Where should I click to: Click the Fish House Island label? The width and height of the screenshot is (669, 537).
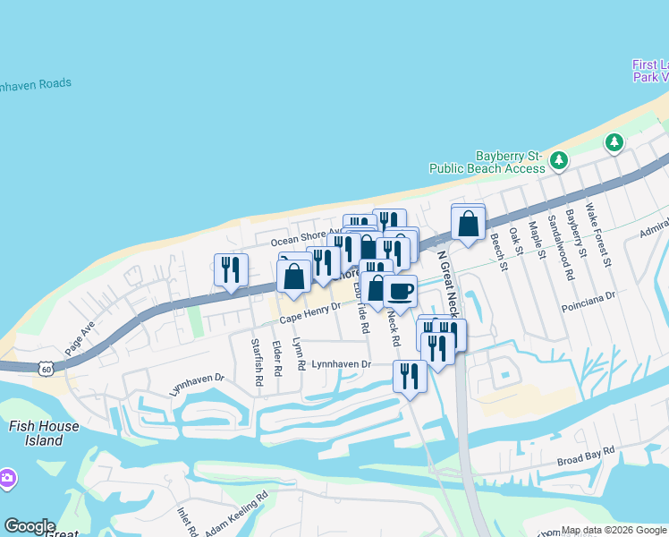pos(43,433)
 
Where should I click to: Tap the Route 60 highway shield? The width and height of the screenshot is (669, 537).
pos(47,368)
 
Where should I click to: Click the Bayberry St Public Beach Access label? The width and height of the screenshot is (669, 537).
pos(487,162)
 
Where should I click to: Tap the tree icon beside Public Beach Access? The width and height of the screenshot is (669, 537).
pos(559,160)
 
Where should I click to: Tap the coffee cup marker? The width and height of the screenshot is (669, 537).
pos(401,290)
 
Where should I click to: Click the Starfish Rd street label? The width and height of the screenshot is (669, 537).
pos(257,362)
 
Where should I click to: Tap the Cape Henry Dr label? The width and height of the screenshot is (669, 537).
pos(310,313)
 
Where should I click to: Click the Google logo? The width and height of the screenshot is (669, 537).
pos(30,526)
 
